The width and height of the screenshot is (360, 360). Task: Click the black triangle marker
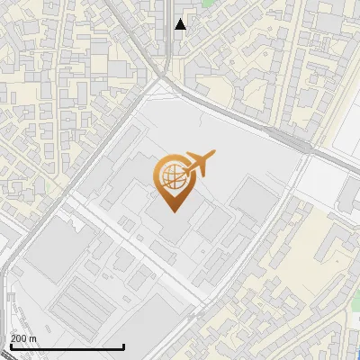coord(181,24)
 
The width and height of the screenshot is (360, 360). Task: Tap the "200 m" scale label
coord(23,338)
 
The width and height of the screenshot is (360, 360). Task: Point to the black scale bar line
coord(67,346)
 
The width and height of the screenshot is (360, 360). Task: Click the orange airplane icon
coord(198,164)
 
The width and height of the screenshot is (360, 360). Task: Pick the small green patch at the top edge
coord(208,4)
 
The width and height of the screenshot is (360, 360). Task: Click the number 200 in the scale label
coord(18,338)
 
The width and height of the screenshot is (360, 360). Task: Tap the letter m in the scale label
coord(32,338)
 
